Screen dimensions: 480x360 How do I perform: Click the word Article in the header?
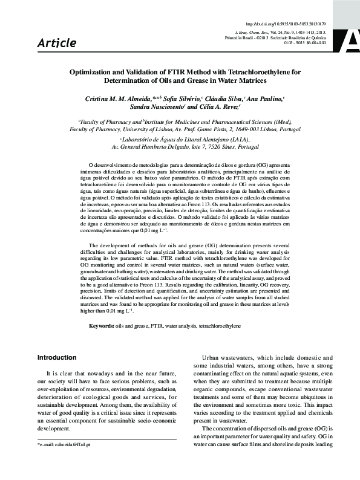pyautogui.click(x=57, y=43)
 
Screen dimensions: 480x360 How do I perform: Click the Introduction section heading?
pyautogui.click(x=57, y=357)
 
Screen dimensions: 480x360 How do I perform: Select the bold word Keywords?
pyautogui.click(x=101, y=326)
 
